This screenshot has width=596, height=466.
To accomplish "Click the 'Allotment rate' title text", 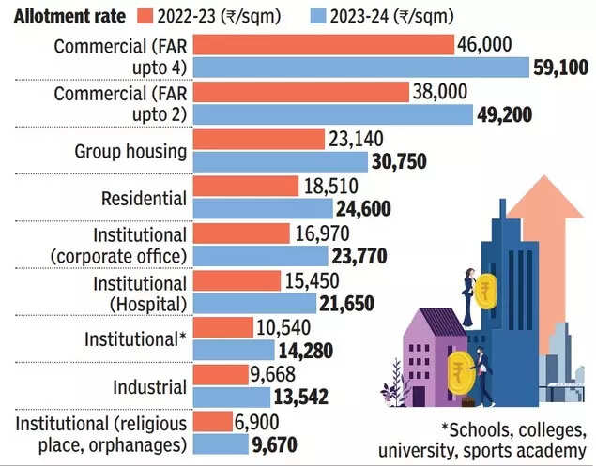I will click(64, 14).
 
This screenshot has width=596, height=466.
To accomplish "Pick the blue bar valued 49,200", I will click(332, 113).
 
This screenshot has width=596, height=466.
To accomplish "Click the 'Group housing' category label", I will click(130, 151).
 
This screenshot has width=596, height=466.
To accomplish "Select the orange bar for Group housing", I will click(259, 140).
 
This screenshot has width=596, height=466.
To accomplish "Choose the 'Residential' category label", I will click(144, 198).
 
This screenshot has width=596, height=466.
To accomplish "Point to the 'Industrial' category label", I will click(150, 385).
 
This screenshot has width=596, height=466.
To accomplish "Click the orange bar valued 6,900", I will click(212, 420).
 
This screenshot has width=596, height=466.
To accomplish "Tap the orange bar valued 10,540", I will click(222, 326).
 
